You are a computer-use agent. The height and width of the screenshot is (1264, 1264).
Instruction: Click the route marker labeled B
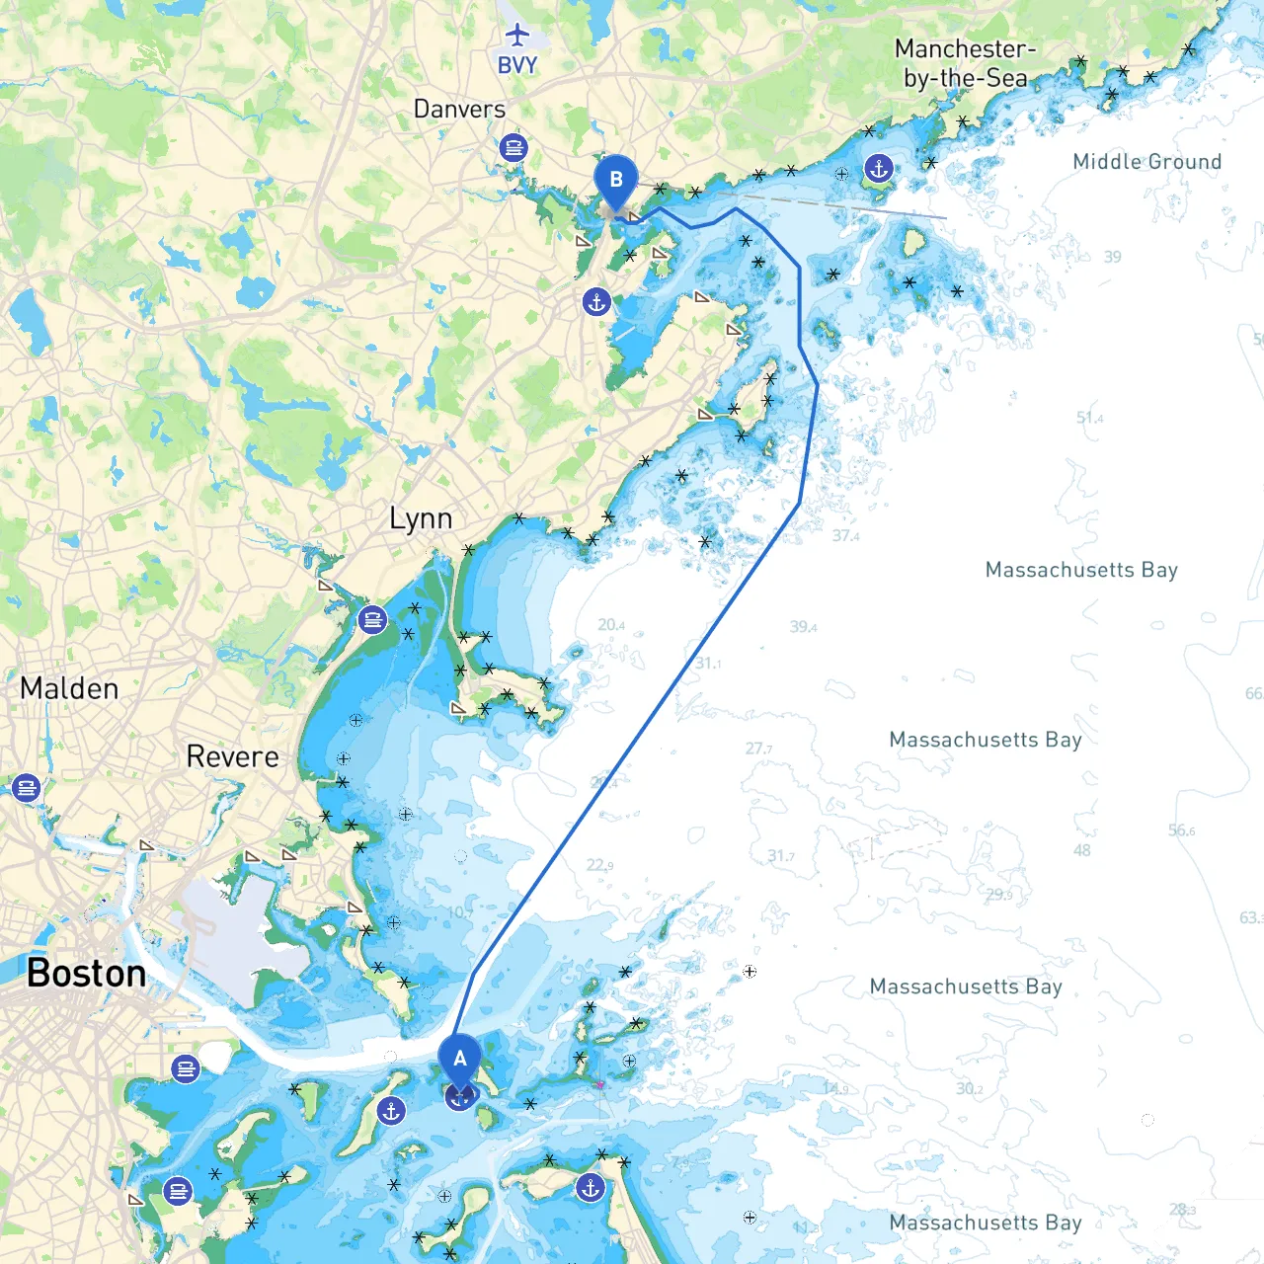coord(616,181)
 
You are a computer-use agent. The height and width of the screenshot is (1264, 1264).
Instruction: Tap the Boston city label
coord(87,974)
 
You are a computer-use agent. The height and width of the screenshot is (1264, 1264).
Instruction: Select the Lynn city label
coord(421,518)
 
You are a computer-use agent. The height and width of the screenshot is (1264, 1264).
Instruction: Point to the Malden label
coord(69,688)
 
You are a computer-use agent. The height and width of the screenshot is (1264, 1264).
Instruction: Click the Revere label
coord(233,757)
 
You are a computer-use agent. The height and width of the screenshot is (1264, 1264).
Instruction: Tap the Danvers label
coord(459,110)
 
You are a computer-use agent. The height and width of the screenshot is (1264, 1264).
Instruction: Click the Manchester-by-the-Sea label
coord(966,63)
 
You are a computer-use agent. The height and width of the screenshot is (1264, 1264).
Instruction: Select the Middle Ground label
coord(1146,162)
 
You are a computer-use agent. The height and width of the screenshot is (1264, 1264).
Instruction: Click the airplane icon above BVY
coord(517,36)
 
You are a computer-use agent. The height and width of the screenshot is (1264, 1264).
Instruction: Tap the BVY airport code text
coord(517,65)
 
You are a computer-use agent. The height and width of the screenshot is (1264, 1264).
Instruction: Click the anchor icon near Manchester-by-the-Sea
coord(878,168)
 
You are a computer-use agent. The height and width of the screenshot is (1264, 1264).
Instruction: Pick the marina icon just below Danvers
coord(513,148)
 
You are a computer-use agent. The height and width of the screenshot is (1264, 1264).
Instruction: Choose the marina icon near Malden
coord(26,788)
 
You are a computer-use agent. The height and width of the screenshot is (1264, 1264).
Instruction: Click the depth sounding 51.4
coord(1089,418)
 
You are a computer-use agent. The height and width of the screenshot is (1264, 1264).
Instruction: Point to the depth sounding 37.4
coord(845,536)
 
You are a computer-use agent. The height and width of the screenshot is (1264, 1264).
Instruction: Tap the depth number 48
coord(1082,850)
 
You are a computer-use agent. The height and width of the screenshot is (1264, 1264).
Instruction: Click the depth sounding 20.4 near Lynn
coord(610,625)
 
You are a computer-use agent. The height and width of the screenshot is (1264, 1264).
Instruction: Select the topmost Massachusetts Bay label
coord(1081,570)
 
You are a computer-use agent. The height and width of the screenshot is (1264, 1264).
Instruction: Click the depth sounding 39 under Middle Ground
coord(1113,257)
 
